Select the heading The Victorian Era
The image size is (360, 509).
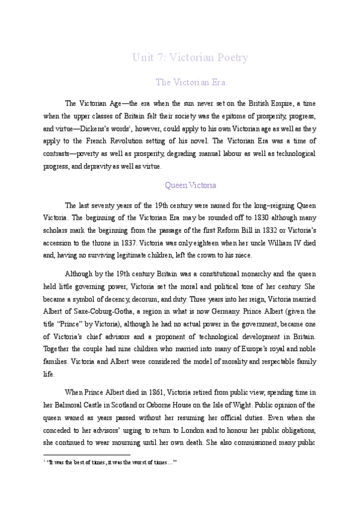(190, 82)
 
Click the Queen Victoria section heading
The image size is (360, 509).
(190, 185)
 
